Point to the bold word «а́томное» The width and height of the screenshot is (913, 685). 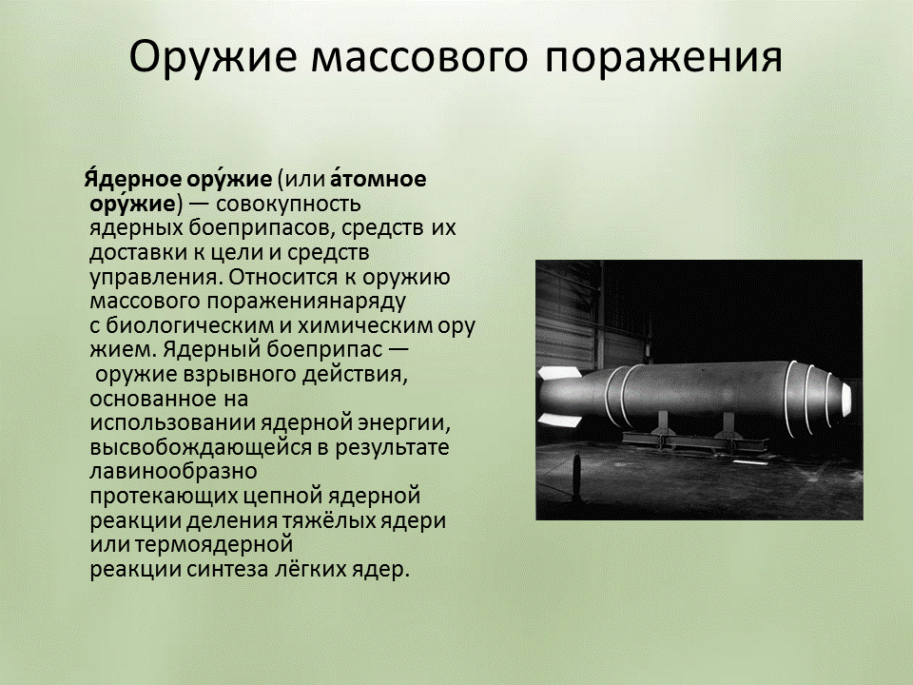click(x=379, y=179)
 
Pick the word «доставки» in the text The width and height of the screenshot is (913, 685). click(x=129, y=253)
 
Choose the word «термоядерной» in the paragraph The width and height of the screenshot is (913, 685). click(x=213, y=546)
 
